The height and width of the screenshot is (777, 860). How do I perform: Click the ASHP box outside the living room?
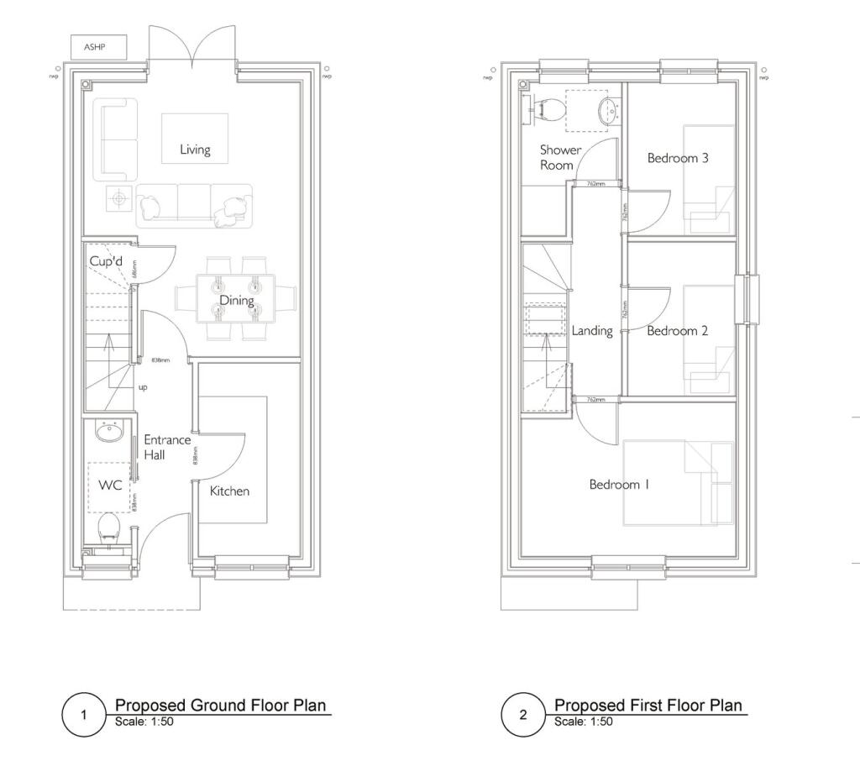pos(98,47)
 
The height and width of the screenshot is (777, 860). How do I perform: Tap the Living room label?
pos(195,150)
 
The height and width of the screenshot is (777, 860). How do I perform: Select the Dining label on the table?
pos(237,300)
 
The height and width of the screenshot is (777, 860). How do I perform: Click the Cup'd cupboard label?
pos(107,262)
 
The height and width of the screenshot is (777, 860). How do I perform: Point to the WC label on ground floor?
pos(110,485)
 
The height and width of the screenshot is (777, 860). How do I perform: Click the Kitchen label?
pos(229,491)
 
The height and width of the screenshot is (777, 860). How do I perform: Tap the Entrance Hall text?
pos(166,447)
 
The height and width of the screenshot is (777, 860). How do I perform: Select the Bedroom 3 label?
pos(678,158)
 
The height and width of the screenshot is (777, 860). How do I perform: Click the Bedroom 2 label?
pos(677,331)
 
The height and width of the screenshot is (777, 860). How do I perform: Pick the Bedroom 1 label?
pos(619,485)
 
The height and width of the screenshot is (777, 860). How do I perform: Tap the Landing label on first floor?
pos(592,331)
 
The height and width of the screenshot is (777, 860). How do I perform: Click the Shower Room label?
pos(560,157)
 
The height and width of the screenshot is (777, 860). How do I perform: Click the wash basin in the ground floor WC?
pos(109,433)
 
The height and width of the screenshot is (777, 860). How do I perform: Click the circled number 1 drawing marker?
pos(83,716)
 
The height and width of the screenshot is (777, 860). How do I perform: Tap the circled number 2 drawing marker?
pos(523,716)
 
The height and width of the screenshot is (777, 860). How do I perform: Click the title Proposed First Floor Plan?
pos(648,705)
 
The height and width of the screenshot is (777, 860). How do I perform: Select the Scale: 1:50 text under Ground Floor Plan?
pos(144,722)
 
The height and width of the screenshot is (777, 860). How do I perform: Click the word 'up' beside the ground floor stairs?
pos(143,388)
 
